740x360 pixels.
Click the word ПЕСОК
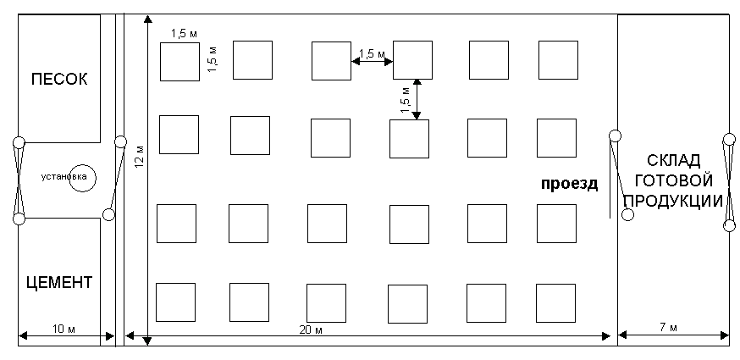click(59, 79)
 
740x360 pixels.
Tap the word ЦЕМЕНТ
click(58, 283)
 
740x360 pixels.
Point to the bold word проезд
click(569, 183)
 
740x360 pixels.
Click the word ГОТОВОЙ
click(673, 180)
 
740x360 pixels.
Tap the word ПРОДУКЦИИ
click(674, 200)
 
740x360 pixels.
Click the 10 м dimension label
click(64, 329)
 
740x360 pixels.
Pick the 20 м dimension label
click(311, 330)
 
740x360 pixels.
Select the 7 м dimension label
click(668, 328)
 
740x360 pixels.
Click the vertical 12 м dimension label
click(141, 155)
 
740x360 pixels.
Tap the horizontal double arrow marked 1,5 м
click(372, 61)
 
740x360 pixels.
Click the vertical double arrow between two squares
click(417, 99)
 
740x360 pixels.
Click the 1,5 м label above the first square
click(184, 34)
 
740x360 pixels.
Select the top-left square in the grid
click(179, 62)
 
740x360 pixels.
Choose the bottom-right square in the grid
click(556, 303)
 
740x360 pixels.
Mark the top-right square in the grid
click(558, 60)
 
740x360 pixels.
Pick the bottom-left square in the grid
click(175, 302)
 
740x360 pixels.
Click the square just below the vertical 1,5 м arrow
click(409, 139)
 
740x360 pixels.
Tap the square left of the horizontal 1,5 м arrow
click(331, 60)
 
